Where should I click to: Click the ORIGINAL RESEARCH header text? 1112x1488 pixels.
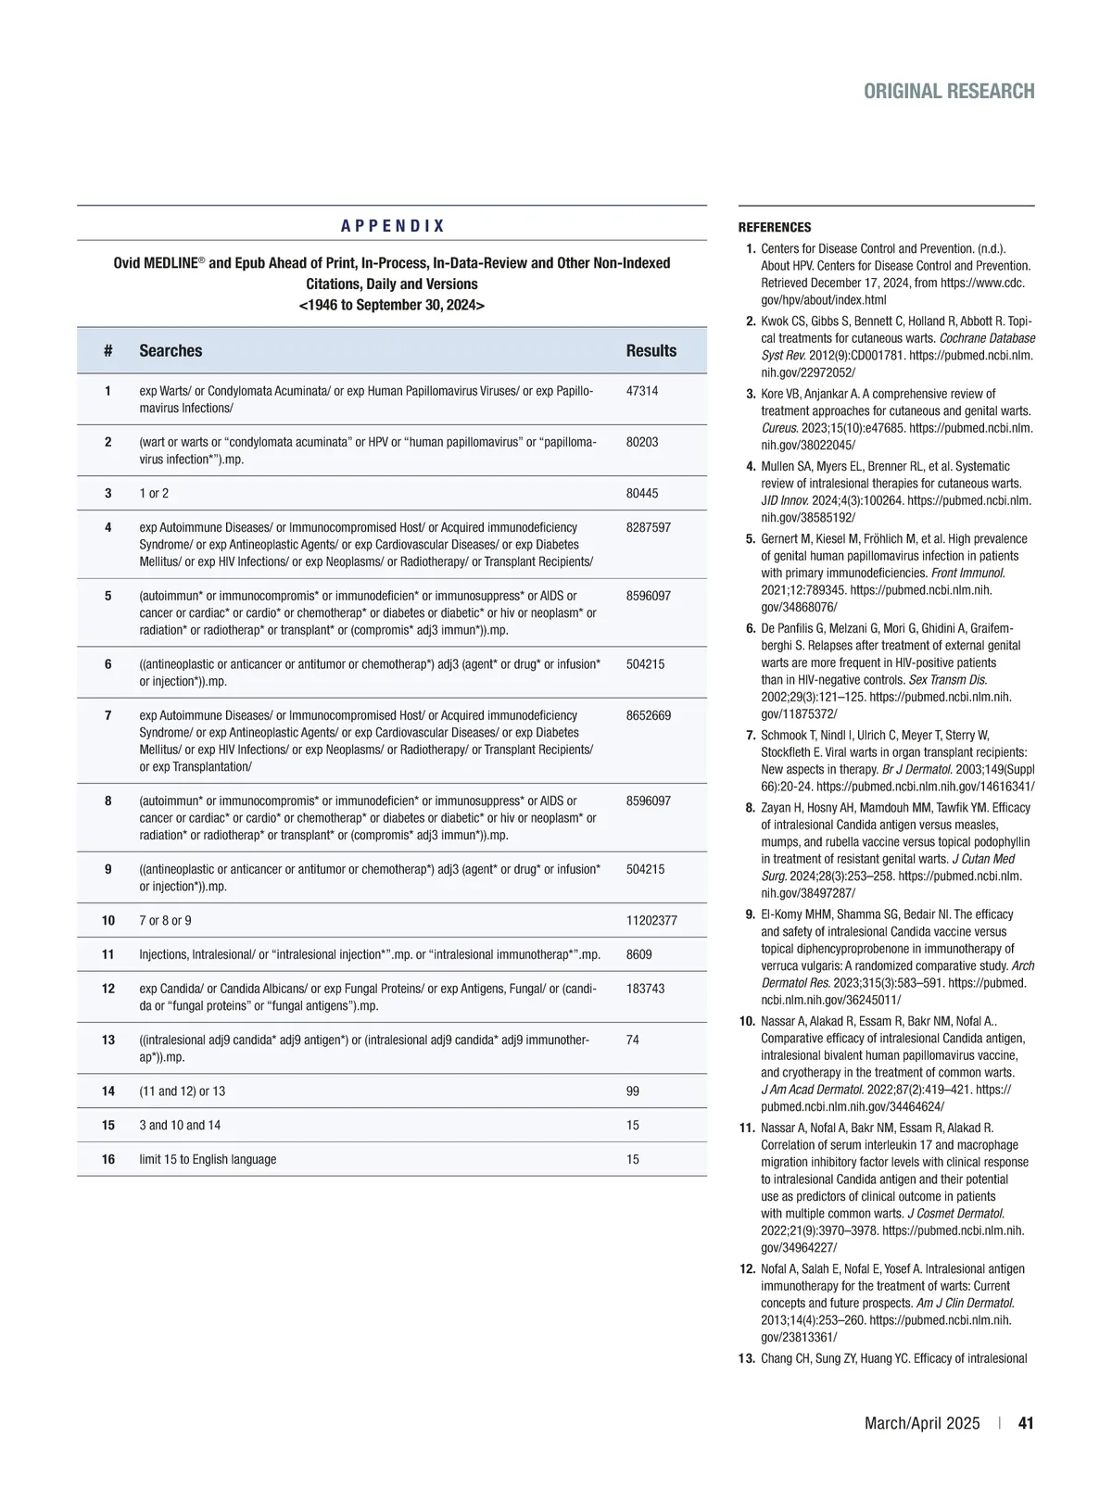pos(949,91)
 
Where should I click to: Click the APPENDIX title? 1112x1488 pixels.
pos(392,226)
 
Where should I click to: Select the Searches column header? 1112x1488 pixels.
pos(171,350)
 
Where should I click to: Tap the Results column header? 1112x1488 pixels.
pos(651,350)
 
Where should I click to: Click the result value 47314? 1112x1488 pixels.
pos(642,391)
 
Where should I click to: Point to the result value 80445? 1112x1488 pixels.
pos(642,493)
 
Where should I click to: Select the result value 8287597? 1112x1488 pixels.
pos(649,527)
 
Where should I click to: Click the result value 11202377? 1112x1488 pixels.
pos(651,920)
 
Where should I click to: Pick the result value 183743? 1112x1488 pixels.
pos(645,989)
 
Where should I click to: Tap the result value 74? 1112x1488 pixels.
pos(633,1040)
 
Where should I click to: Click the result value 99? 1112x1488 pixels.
pos(633,1091)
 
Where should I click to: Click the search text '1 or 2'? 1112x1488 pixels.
pos(154,493)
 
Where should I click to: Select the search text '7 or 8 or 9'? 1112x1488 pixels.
pos(166,920)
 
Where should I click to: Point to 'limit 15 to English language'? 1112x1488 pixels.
pos(208,1159)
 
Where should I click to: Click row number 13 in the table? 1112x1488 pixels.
pos(108,1040)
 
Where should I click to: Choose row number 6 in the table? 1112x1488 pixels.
pos(108,664)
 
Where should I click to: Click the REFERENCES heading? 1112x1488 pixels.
pos(774,227)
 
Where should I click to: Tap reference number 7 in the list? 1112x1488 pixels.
pos(751,735)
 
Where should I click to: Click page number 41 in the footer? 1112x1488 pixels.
pos(1026,1423)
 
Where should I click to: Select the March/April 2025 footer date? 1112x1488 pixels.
pos(921,1423)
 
